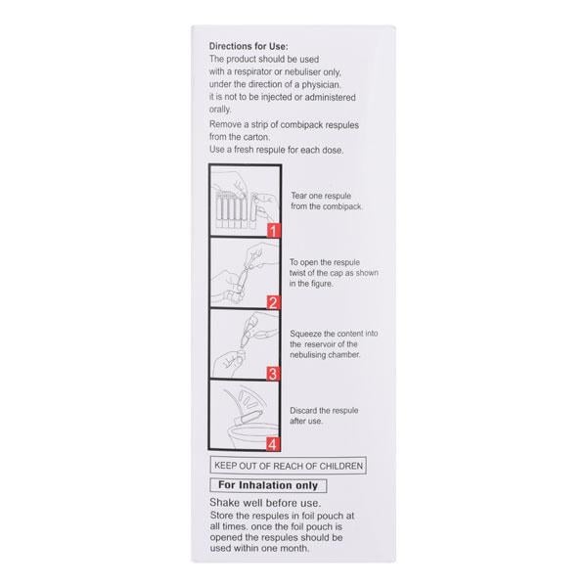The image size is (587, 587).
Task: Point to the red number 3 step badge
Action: coord(274,373)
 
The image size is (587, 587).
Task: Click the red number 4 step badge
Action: coord(274,443)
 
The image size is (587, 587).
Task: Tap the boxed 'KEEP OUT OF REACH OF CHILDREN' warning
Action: coord(290,466)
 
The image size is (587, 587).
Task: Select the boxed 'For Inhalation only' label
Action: coord(266,485)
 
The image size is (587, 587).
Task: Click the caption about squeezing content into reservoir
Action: coord(327,344)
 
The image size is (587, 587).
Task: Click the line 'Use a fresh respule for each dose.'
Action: coord(276,150)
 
